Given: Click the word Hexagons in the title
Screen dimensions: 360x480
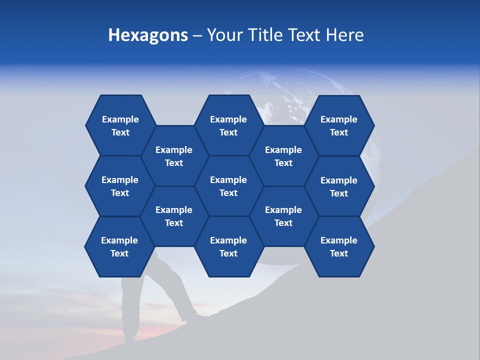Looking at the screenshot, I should [x=148, y=35].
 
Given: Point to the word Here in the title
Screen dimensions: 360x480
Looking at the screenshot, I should [x=344, y=35].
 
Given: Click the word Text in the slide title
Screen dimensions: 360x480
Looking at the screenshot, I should [x=301, y=35].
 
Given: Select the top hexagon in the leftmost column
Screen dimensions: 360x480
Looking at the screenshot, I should [x=120, y=125].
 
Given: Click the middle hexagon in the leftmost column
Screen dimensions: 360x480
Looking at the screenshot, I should [x=120, y=186].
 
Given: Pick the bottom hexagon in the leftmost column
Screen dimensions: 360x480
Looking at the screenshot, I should [x=119, y=246].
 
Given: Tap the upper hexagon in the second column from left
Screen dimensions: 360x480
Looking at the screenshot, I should [x=174, y=156].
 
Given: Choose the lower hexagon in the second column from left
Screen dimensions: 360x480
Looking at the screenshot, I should [x=174, y=216].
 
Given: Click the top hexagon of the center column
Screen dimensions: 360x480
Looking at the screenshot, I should [x=228, y=125].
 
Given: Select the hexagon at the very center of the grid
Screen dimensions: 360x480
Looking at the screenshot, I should [x=228, y=186].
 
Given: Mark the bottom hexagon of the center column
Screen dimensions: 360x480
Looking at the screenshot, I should [x=228, y=246].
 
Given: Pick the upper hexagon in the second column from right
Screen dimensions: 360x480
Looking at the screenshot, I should [x=283, y=156].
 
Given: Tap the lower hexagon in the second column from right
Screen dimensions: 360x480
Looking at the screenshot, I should [x=283, y=216].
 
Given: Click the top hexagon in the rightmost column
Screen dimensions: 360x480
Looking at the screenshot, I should [x=339, y=125].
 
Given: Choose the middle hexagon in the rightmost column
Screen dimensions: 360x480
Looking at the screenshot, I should [x=339, y=186].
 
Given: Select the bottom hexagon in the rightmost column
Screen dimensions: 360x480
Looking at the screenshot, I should [x=339, y=246].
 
